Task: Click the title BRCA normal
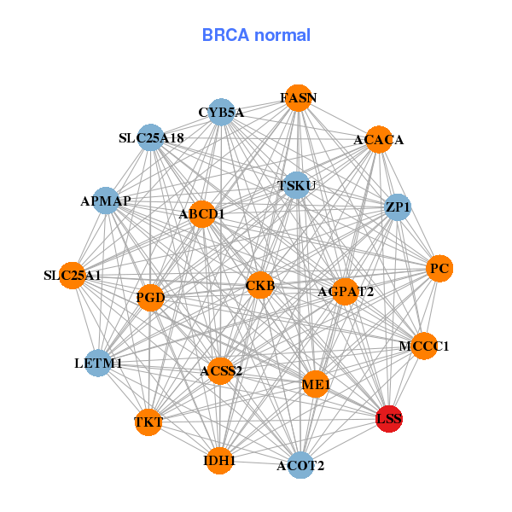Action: click(x=256, y=35)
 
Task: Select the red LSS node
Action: click(x=389, y=418)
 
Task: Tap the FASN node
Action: click(x=297, y=98)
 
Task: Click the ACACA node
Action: click(x=379, y=139)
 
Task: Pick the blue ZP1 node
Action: click(x=398, y=207)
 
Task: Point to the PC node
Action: click(x=439, y=269)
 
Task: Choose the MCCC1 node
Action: click(x=424, y=346)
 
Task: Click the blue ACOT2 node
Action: click(x=300, y=465)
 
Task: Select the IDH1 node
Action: click(x=219, y=460)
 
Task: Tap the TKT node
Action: click(x=148, y=422)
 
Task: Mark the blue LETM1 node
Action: click(x=98, y=363)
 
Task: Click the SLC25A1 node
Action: click(x=73, y=276)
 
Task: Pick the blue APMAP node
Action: click(x=106, y=201)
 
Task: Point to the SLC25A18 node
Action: click(x=151, y=137)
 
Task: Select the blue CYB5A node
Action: click(x=221, y=112)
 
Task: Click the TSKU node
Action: click(x=296, y=185)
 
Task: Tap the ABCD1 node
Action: click(x=202, y=214)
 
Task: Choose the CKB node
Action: click(x=260, y=285)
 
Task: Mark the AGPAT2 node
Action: click(x=345, y=292)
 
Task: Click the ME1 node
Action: click(x=316, y=385)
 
